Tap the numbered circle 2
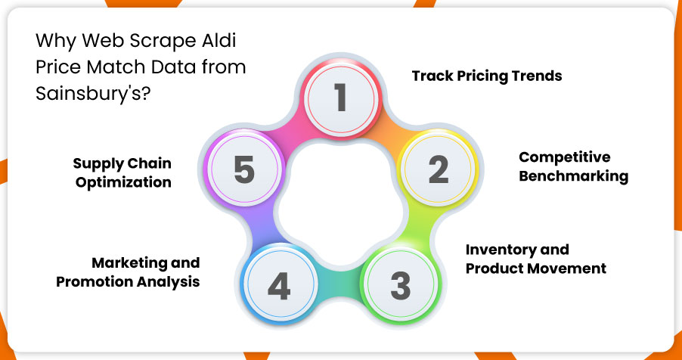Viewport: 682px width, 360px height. coord(439,169)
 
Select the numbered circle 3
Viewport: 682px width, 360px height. coord(401,284)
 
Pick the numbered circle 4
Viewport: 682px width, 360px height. coord(279,286)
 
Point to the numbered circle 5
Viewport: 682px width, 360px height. coord(243,168)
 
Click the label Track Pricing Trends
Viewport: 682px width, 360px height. coord(487,76)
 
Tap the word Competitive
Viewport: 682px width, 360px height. coord(565,157)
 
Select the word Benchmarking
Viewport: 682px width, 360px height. coord(574,176)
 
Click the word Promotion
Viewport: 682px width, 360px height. coord(95,281)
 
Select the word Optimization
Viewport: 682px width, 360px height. coord(123,182)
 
